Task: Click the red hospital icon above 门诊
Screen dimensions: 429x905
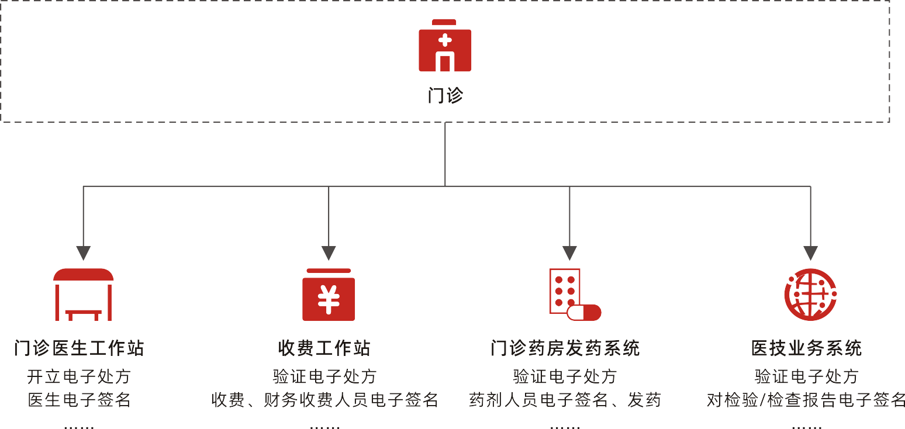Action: (x=445, y=46)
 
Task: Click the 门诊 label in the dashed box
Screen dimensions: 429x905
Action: (x=445, y=95)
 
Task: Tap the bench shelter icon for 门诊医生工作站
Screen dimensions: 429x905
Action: (x=84, y=295)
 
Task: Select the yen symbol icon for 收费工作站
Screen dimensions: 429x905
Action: (x=329, y=295)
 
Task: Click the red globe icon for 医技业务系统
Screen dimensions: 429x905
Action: (x=810, y=295)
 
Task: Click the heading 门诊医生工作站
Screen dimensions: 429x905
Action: (x=79, y=348)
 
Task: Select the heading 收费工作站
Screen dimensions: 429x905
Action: (x=324, y=348)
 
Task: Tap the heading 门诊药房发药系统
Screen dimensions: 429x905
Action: (x=565, y=348)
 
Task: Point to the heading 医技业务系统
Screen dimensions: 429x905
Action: (x=806, y=348)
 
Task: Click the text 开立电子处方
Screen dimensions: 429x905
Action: (x=79, y=376)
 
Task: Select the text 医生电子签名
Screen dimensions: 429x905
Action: (x=79, y=400)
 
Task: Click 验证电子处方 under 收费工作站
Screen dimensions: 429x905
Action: (x=324, y=376)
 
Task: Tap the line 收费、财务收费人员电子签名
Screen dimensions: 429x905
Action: (x=324, y=400)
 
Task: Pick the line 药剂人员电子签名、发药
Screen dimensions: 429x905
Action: (x=565, y=400)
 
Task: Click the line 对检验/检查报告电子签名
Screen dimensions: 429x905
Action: (x=806, y=400)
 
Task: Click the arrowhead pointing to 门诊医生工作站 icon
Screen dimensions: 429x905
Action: (x=84, y=252)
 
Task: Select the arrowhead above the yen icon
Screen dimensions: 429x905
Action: (x=329, y=252)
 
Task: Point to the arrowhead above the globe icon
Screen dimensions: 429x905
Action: (x=810, y=252)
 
